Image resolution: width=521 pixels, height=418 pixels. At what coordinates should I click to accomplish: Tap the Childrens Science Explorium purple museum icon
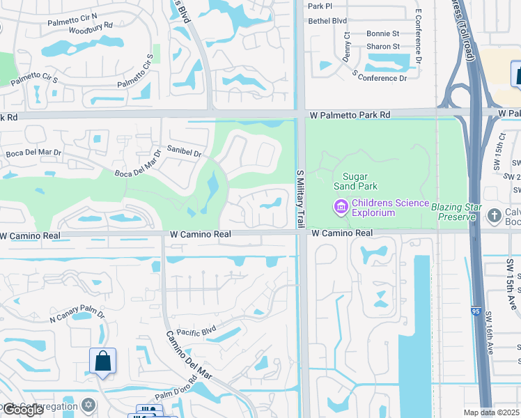pyautogui.click(x=341, y=207)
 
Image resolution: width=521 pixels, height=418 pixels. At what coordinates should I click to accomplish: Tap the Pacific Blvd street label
pyautogui.click(x=197, y=333)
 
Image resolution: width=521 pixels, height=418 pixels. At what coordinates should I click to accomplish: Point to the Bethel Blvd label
pyautogui.click(x=327, y=22)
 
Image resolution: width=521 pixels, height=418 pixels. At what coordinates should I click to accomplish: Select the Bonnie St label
pyautogui.click(x=382, y=33)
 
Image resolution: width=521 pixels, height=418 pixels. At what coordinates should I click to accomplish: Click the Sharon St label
pyautogui.click(x=383, y=47)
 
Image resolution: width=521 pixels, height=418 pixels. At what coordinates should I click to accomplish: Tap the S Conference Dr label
pyautogui.click(x=380, y=77)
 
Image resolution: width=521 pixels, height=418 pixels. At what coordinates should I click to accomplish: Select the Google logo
pyautogui.click(x=22, y=410)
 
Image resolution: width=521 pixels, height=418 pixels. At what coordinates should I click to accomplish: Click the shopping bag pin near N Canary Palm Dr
pyautogui.click(x=102, y=362)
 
